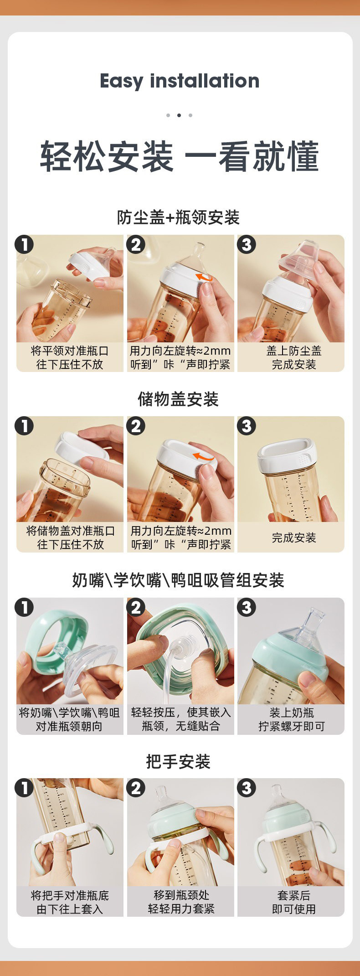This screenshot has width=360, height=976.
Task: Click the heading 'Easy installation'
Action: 180,81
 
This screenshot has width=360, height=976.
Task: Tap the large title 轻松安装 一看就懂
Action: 180,156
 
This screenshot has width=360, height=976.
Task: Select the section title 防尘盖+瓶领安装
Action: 178,217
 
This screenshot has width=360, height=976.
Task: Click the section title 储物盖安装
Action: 178,399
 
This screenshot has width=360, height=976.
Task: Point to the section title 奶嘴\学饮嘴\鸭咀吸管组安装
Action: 178,580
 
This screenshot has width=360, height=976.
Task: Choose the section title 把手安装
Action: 178,761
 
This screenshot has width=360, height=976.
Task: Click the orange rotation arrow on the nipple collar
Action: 204,278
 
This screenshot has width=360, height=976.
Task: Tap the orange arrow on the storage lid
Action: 203,456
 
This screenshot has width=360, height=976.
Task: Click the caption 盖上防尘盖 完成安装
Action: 294,357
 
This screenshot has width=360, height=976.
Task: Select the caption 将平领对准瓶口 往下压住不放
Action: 70,357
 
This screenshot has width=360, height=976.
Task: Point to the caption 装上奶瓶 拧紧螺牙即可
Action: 292,719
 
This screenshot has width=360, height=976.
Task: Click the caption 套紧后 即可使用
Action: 294,902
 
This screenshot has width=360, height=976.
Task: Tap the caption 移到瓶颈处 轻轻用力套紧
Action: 181,902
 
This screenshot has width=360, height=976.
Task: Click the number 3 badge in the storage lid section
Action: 247,426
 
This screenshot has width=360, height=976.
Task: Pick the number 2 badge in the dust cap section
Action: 136,245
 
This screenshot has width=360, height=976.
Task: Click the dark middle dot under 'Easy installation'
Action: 179,115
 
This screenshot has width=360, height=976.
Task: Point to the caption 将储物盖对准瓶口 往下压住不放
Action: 71,537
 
